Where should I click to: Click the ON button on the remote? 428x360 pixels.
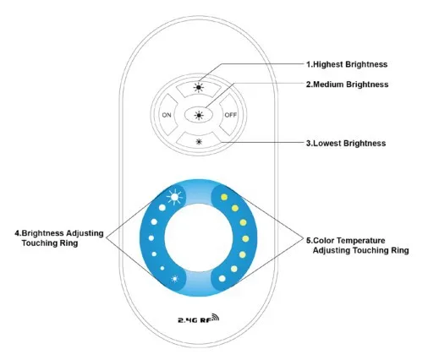[x=167, y=115]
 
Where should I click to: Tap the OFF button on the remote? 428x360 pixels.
[x=230, y=115]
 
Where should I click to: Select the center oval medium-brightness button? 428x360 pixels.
[x=199, y=115]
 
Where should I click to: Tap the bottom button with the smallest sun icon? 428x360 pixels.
[x=199, y=141]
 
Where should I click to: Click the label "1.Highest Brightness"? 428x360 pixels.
[x=347, y=64]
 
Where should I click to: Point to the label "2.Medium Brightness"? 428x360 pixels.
[x=347, y=85]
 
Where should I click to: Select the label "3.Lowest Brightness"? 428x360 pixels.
[x=346, y=143]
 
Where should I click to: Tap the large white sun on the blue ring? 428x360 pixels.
[x=174, y=196]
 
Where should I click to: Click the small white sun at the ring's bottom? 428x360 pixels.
[x=175, y=279]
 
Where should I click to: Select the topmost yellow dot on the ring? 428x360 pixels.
[x=224, y=197]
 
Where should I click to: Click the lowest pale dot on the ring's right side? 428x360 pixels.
[x=222, y=279]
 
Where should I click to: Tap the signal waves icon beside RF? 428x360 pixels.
[x=215, y=317]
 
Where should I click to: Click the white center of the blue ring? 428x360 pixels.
[x=199, y=237]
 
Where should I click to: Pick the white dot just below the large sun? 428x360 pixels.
[x=162, y=208]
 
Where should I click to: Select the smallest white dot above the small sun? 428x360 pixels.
[x=162, y=268]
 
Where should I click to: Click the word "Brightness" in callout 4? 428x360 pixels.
[x=42, y=233]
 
